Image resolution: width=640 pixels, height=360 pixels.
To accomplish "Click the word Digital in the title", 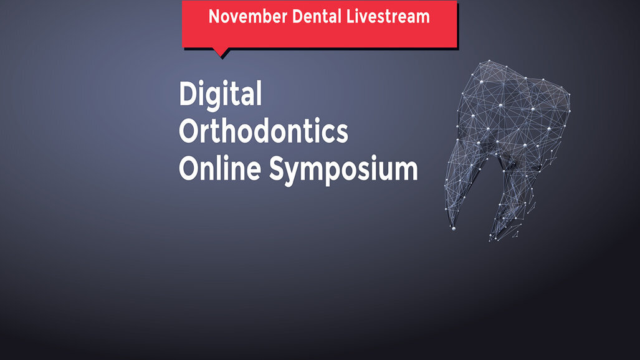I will coord(220,95).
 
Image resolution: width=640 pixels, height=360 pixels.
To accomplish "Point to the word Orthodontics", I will coord(263,132).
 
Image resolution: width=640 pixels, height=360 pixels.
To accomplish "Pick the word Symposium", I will coord(343,169).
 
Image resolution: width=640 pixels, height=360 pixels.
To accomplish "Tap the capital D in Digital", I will coord(188,95).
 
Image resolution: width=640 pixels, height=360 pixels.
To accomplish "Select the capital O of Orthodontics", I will coord(189,132).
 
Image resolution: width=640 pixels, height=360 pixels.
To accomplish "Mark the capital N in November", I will coord(214,16).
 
